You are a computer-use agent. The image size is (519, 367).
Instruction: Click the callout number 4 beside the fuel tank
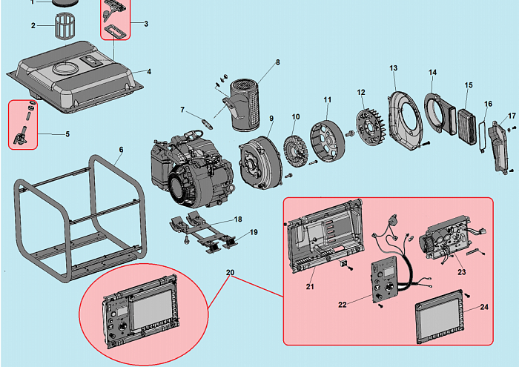coord(148,71)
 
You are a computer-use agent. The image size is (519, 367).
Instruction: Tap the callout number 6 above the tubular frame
coord(121,150)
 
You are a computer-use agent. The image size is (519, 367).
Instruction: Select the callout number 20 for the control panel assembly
coord(230,272)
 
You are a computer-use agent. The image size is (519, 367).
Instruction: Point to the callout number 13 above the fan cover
coord(394,68)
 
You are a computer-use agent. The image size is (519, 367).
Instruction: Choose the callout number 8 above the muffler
coord(278,62)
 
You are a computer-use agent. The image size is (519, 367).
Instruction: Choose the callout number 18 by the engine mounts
coord(237,219)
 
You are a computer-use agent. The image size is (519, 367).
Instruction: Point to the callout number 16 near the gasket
coord(488,104)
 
